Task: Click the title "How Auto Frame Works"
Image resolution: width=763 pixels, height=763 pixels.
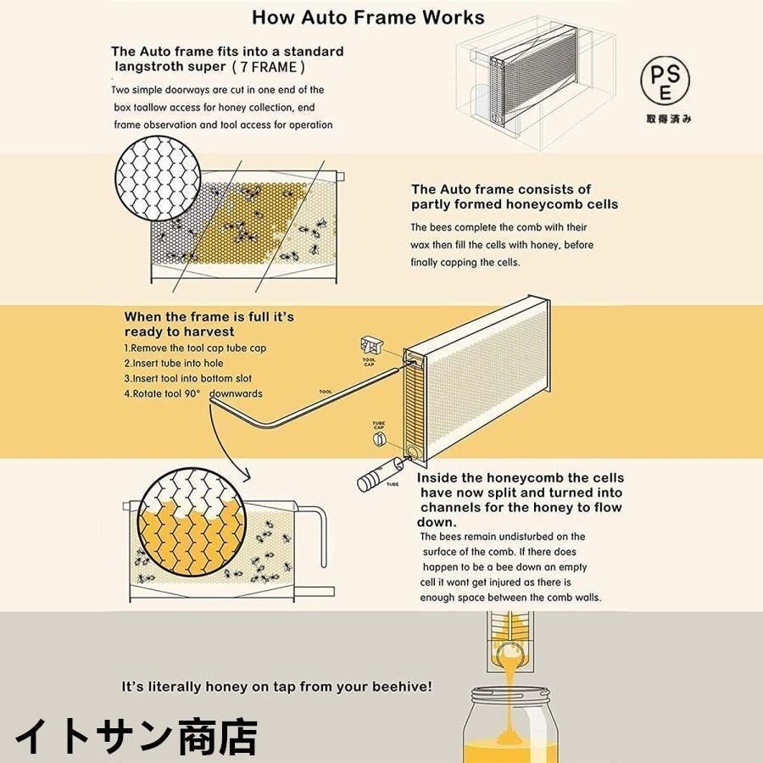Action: (368, 17)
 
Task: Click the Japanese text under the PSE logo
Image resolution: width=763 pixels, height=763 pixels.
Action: (668, 119)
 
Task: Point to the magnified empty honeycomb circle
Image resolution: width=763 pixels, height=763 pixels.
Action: (159, 179)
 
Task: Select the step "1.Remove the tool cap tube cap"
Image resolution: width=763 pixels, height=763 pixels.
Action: (195, 348)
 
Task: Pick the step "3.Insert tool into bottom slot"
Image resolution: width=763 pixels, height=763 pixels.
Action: (187, 379)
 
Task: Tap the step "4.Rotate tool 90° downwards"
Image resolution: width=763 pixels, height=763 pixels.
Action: (193, 394)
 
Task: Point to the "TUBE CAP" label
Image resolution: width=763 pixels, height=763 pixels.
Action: (380, 423)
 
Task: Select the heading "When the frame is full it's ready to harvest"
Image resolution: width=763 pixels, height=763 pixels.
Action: (209, 324)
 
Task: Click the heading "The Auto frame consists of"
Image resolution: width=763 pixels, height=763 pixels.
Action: (501, 190)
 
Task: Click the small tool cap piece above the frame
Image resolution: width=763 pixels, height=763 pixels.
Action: (370, 345)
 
